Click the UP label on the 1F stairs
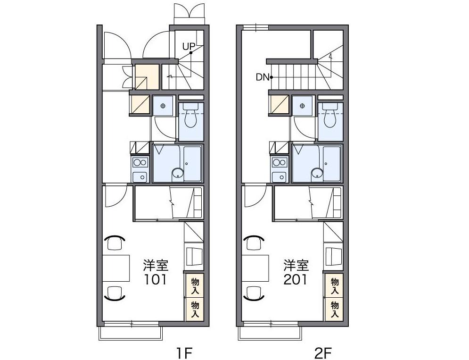point(189,46)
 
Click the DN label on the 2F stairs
point(263,77)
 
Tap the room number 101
point(155,279)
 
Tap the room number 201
point(296,279)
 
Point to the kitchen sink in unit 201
point(280,177)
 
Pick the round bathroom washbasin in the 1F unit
point(178,174)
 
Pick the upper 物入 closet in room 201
point(334,285)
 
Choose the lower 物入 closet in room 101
point(195,309)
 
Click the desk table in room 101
point(116,268)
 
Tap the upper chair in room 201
point(254,242)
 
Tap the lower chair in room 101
point(115,293)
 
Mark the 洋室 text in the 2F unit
point(296,265)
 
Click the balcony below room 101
point(131,333)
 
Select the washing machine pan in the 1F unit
point(163,106)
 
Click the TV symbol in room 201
point(334,256)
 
